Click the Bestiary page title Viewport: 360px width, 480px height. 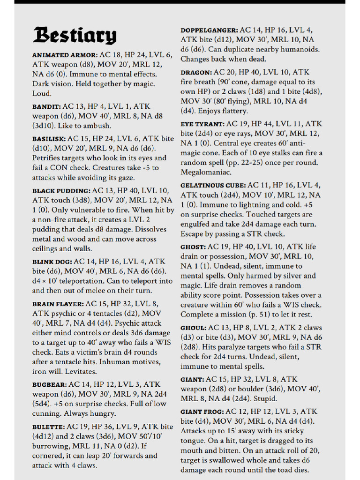tap(75, 36)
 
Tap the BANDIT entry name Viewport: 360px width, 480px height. tap(46, 107)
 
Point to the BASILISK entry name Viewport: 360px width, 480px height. tap(49, 139)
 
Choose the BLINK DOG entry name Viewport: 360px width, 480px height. tap(52, 262)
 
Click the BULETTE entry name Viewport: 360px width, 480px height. tap(48, 427)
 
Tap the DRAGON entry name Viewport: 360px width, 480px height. tap(196, 73)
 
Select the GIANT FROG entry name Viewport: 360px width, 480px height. tap(202, 412)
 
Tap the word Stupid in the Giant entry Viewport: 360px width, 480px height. tap(265, 399)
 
